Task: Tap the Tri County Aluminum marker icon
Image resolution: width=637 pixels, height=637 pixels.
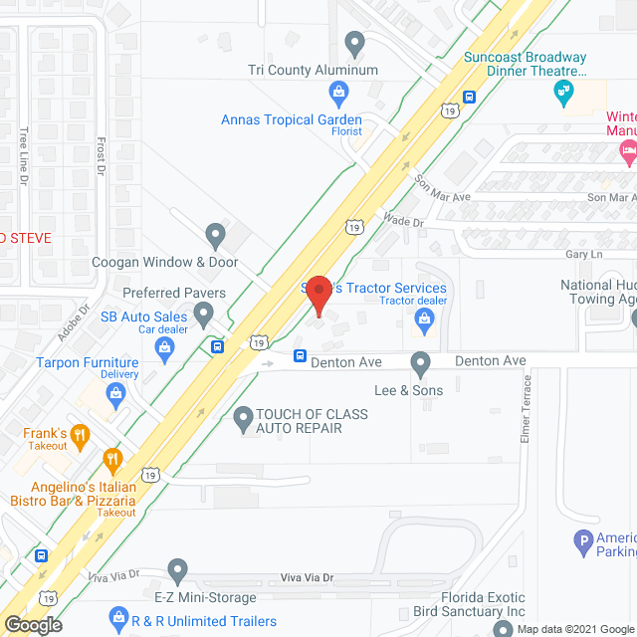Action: pyautogui.click(x=354, y=43)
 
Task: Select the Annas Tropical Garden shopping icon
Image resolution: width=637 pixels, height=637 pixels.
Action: pyautogui.click(x=338, y=95)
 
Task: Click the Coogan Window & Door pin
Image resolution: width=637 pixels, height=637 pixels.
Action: pyautogui.click(x=215, y=236)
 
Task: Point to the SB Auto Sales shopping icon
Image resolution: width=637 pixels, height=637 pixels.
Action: pyautogui.click(x=165, y=347)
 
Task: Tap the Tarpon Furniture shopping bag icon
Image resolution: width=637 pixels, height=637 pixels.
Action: pyautogui.click(x=117, y=394)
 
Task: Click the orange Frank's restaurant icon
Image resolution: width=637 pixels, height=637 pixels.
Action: pyautogui.click(x=81, y=434)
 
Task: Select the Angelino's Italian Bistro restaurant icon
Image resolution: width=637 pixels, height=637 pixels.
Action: pyautogui.click(x=112, y=460)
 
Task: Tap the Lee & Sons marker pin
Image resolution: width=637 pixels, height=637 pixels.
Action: pyautogui.click(x=420, y=364)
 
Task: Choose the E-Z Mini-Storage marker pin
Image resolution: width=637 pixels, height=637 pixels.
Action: pyautogui.click(x=177, y=571)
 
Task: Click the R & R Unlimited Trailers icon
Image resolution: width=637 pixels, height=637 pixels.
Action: pyautogui.click(x=118, y=618)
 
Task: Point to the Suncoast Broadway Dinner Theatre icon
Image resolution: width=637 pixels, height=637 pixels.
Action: pyautogui.click(x=563, y=93)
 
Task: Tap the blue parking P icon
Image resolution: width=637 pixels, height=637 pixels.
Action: pyautogui.click(x=584, y=543)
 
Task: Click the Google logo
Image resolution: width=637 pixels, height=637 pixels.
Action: pyautogui.click(x=32, y=624)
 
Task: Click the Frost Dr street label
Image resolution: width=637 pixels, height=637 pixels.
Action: pyautogui.click(x=101, y=157)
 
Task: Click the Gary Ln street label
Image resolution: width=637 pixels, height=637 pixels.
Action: pyautogui.click(x=580, y=254)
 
